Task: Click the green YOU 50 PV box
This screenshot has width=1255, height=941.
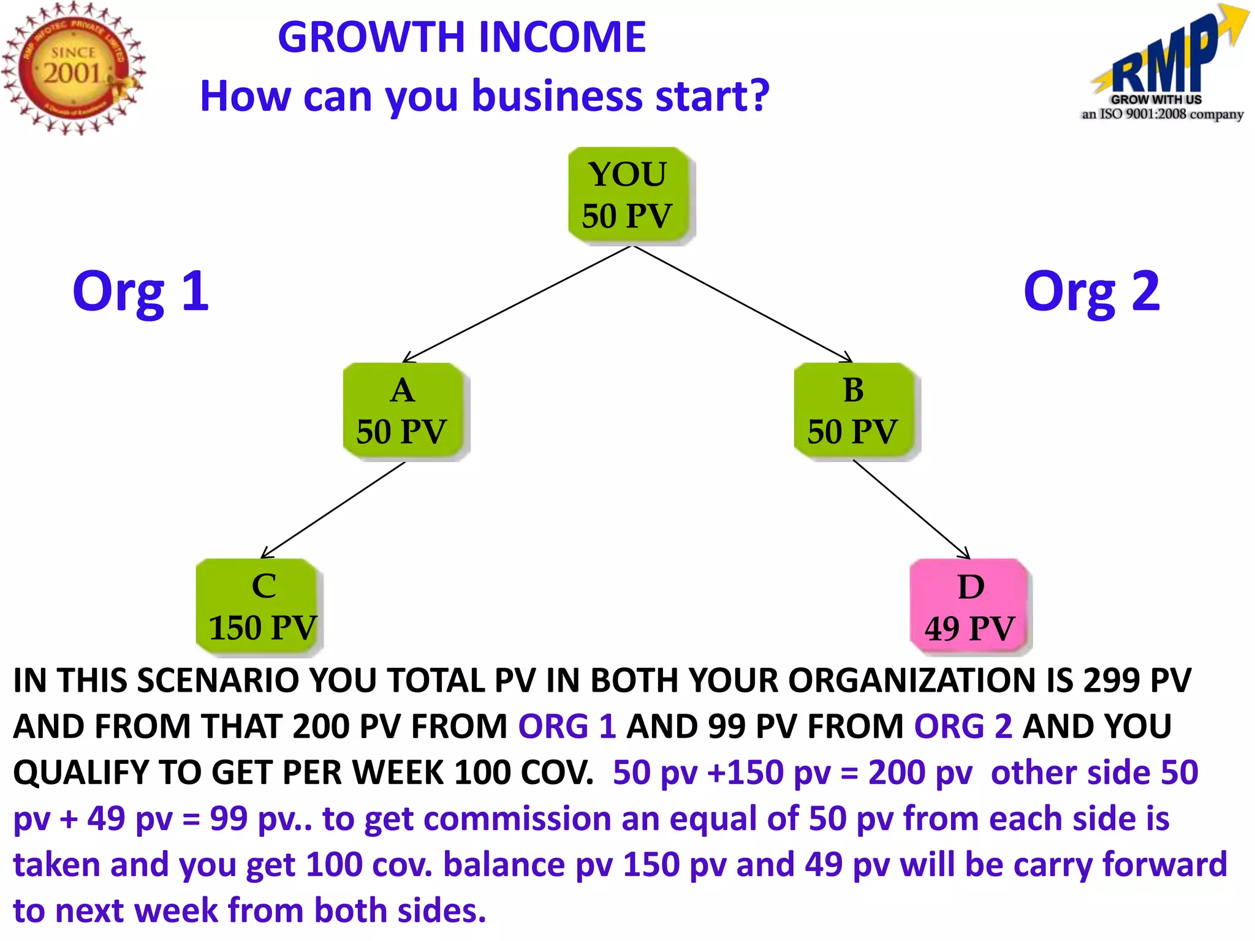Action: coord(629,195)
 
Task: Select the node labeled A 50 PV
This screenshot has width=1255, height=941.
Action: coord(403,410)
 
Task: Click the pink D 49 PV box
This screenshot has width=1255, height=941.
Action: coord(969,607)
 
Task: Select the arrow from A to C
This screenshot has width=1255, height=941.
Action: coord(334,510)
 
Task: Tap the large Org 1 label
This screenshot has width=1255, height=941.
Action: coord(140,292)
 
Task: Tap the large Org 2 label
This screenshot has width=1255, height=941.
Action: coord(1091,292)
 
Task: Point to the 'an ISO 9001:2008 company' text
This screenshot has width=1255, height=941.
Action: coord(1162,115)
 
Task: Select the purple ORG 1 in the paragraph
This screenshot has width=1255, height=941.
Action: coord(567,727)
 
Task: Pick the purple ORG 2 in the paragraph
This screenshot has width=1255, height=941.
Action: coord(963,727)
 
